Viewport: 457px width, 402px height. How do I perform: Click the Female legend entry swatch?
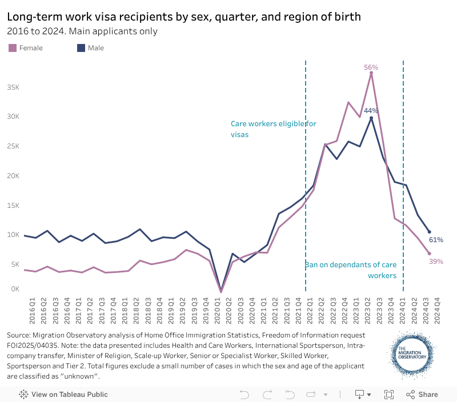[13, 48]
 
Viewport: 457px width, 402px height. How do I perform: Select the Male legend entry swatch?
[81, 48]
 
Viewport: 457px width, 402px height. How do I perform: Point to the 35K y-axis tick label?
[13, 87]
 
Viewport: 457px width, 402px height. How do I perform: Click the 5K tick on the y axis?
[15, 264]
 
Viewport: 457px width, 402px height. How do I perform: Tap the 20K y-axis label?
[13, 176]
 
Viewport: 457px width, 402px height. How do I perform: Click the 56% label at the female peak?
[371, 67]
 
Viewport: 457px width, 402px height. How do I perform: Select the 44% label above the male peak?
[371, 110]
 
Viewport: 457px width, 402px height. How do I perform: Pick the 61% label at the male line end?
[436, 240]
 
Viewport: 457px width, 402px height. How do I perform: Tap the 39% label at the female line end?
[436, 261]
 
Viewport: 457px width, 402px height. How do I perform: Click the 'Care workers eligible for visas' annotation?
[273, 129]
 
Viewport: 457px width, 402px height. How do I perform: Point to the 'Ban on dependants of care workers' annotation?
[350, 270]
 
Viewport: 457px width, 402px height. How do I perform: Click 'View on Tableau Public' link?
[63, 394]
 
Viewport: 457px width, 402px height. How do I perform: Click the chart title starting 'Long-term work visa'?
[184, 17]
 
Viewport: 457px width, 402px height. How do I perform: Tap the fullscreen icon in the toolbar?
[389, 394]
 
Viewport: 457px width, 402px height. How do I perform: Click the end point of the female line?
[429, 253]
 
